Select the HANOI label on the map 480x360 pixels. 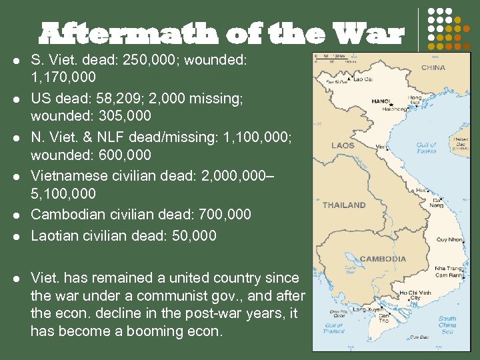[381, 101]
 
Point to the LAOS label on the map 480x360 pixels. [342, 145]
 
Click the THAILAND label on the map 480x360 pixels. [344, 205]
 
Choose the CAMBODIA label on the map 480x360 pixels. [383, 258]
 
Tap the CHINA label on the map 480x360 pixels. [433, 67]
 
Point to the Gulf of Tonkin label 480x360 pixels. [426, 148]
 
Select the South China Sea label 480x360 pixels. [447, 325]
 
